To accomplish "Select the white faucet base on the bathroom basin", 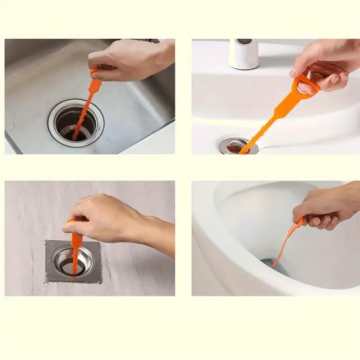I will (x=243, y=54).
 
